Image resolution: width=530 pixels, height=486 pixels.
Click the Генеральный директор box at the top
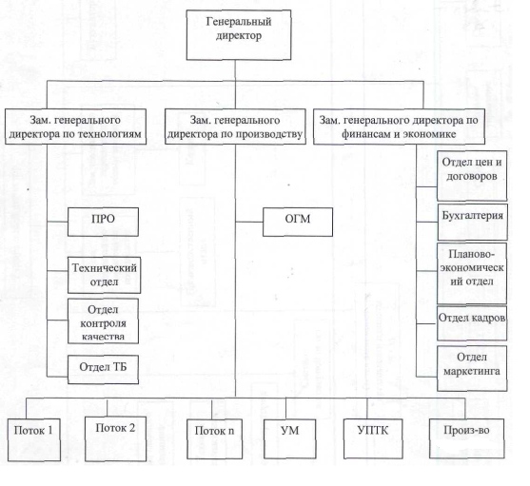click(239, 35)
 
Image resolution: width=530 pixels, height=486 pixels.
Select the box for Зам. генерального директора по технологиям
click(75, 126)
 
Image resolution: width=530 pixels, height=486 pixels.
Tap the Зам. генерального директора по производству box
click(235, 126)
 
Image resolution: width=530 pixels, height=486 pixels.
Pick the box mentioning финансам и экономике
click(399, 126)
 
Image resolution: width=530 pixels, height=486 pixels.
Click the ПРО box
click(103, 222)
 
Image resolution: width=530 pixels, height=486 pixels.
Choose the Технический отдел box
click(104, 275)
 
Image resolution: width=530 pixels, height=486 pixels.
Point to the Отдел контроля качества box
click(103, 321)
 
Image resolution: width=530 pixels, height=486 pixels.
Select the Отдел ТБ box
click(103, 369)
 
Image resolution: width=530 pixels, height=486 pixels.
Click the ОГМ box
click(298, 222)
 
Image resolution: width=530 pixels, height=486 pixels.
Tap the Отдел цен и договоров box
click(472, 176)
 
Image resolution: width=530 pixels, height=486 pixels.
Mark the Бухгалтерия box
click(473, 222)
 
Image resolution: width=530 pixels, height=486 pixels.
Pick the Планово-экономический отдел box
click(472, 273)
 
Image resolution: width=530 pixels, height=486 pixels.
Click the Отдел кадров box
click(472, 323)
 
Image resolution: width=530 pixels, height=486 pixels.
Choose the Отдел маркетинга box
click(472, 368)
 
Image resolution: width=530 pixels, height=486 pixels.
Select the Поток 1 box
click(34, 439)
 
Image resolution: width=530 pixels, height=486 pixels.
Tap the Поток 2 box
click(115, 438)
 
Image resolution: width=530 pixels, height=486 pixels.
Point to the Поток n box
click(215, 439)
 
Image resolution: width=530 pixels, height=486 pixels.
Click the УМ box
click(290, 439)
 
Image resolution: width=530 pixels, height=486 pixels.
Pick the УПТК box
click(373, 438)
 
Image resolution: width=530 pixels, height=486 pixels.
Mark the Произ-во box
click(467, 438)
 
